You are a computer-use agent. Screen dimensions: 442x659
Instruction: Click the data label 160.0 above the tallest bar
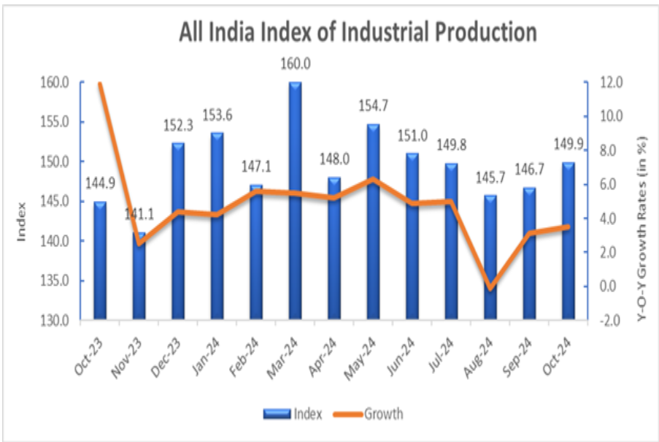(x=295, y=64)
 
